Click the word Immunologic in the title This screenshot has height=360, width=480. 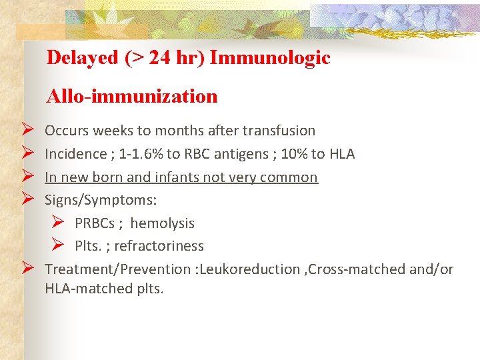tap(269, 58)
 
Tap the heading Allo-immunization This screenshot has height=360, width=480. tap(132, 97)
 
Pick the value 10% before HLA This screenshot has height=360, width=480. tap(294, 154)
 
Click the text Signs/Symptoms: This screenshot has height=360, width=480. tap(101, 200)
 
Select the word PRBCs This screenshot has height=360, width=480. tap(95, 223)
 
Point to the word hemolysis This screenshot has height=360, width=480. tap(163, 223)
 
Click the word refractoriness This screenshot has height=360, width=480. tap(159, 246)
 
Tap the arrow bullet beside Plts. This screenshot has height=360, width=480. tap(58, 246)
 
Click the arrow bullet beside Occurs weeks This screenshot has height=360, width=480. tap(27, 131)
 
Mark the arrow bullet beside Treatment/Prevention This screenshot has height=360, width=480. tap(27, 269)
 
